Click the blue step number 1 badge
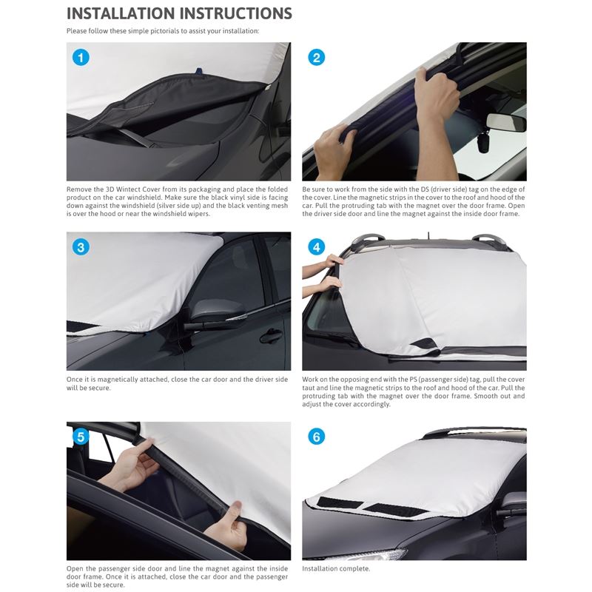[x=81, y=58]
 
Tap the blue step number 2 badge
[x=317, y=58]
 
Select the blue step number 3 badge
[x=81, y=247]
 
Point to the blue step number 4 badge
[x=317, y=247]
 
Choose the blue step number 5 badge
[x=81, y=437]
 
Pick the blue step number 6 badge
[x=317, y=437]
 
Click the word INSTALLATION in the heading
[x=121, y=13]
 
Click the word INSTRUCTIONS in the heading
[x=235, y=13]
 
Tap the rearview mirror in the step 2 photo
[x=505, y=122]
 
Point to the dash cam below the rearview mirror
[x=483, y=141]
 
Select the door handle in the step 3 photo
[x=271, y=335]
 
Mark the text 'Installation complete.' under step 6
[x=336, y=568]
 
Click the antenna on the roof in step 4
[x=428, y=235]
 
